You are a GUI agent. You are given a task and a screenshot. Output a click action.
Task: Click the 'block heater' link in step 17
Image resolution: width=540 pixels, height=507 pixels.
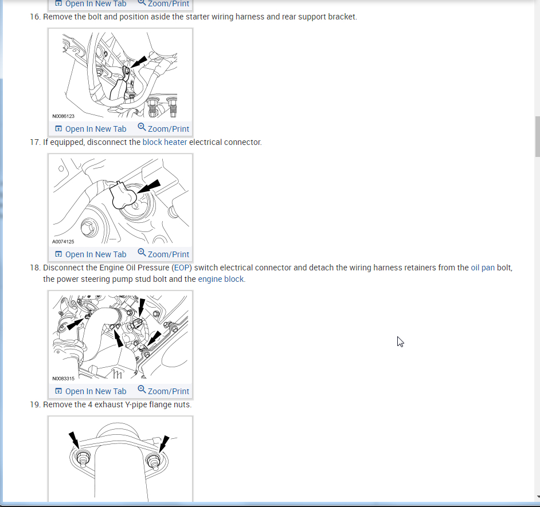pos(165,142)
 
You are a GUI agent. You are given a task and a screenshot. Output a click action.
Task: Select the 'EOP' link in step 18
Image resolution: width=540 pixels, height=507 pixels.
pos(182,268)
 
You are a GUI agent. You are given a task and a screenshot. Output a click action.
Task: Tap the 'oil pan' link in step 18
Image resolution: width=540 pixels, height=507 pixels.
pos(483,268)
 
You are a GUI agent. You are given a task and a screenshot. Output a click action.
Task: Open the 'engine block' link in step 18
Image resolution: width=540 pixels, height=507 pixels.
pos(221,279)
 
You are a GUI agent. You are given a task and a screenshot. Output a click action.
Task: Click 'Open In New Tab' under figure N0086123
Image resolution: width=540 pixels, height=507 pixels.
pos(91,129)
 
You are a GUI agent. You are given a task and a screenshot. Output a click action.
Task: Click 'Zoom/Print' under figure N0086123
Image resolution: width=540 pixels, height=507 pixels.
pos(163,128)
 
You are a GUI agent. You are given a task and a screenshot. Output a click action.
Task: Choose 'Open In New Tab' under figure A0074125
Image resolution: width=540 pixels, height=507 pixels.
pos(91,254)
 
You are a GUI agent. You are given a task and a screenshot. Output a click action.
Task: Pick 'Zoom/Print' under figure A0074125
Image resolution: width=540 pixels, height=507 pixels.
pos(163,254)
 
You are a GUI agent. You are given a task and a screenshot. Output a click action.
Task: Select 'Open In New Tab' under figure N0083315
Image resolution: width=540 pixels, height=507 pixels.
pos(91,391)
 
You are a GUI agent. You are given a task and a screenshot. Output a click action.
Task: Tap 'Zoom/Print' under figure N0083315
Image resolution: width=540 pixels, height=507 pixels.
pos(163,391)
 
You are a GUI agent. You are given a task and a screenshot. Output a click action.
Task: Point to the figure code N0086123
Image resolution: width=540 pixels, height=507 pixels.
pos(64,116)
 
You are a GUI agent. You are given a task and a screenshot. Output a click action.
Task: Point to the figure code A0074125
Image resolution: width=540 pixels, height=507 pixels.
pos(63,242)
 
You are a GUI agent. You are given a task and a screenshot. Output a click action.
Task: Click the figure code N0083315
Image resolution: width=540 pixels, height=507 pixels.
pos(64,379)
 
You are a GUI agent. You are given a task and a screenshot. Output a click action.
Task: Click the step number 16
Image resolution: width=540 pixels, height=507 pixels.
pos(35,17)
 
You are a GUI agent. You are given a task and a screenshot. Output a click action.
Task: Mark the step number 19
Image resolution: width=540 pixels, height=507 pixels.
pos(35,404)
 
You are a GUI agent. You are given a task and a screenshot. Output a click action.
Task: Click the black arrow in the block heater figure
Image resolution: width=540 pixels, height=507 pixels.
pos(149,186)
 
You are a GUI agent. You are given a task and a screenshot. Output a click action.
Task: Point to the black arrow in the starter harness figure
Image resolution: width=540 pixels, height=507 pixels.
pos(139,62)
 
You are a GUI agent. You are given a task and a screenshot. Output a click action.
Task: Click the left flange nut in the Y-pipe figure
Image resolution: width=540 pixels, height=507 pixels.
pos(83,459)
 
